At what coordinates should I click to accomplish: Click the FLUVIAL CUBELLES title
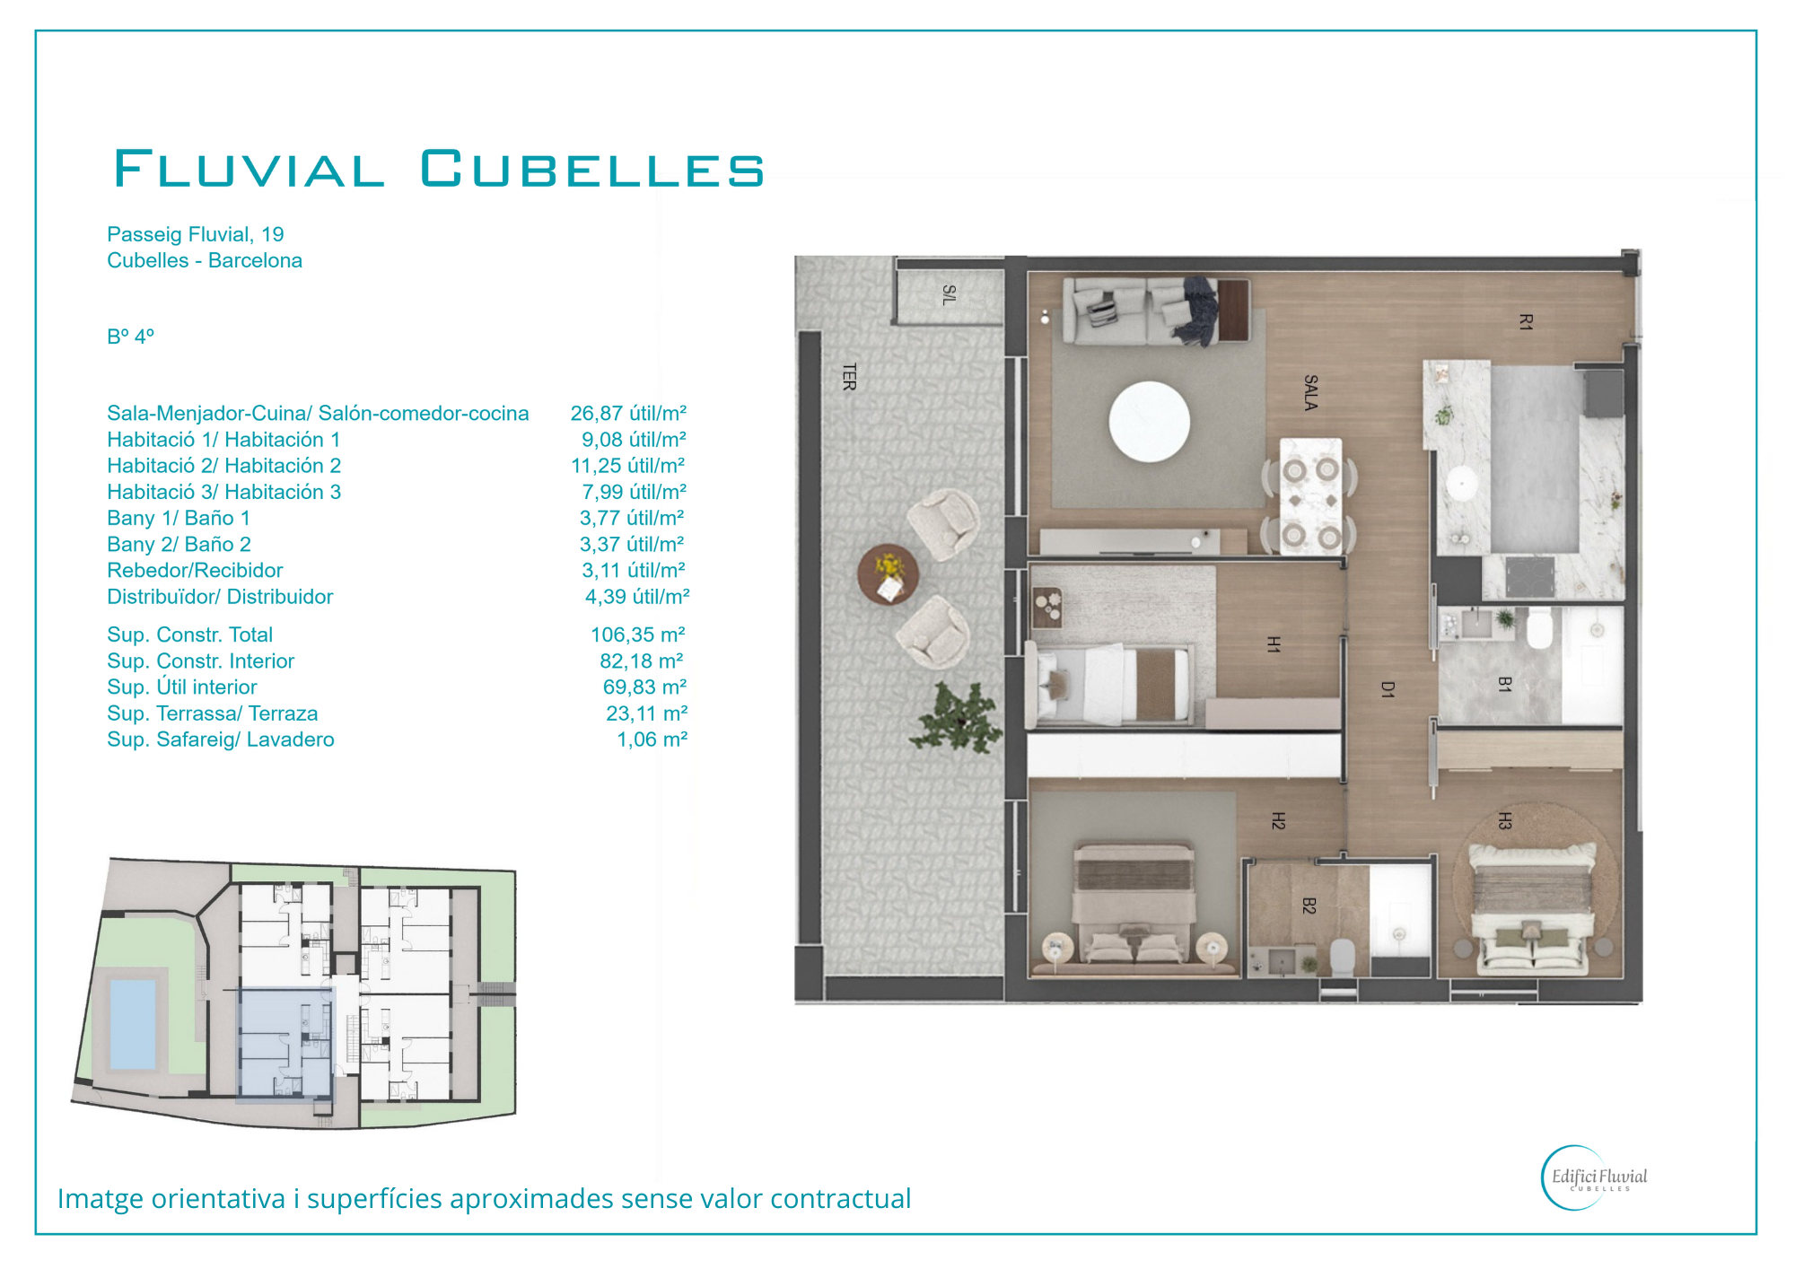coord(439,169)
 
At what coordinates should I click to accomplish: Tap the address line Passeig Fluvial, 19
coord(196,234)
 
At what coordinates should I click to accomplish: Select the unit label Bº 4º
coord(131,337)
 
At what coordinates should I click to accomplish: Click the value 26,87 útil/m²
coord(628,413)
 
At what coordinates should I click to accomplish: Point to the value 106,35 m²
coord(638,634)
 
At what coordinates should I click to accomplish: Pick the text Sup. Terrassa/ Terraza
coord(213,713)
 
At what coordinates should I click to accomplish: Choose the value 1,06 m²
coord(652,740)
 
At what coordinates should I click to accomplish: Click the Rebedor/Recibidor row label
coord(195,571)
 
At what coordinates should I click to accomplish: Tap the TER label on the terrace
coord(849,377)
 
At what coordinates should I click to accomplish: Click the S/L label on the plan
coord(950,295)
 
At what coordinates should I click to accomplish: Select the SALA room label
coord(1310,393)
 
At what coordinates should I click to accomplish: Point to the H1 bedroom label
coord(1274,643)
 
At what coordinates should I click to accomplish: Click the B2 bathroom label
coord(1309,906)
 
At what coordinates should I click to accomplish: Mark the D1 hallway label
coord(1388,689)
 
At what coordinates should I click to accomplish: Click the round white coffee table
coord(1150,422)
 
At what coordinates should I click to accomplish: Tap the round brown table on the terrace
coord(888,575)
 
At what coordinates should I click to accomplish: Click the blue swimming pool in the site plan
coord(133,1025)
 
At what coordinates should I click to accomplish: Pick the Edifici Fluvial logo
coord(1595,1177)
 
